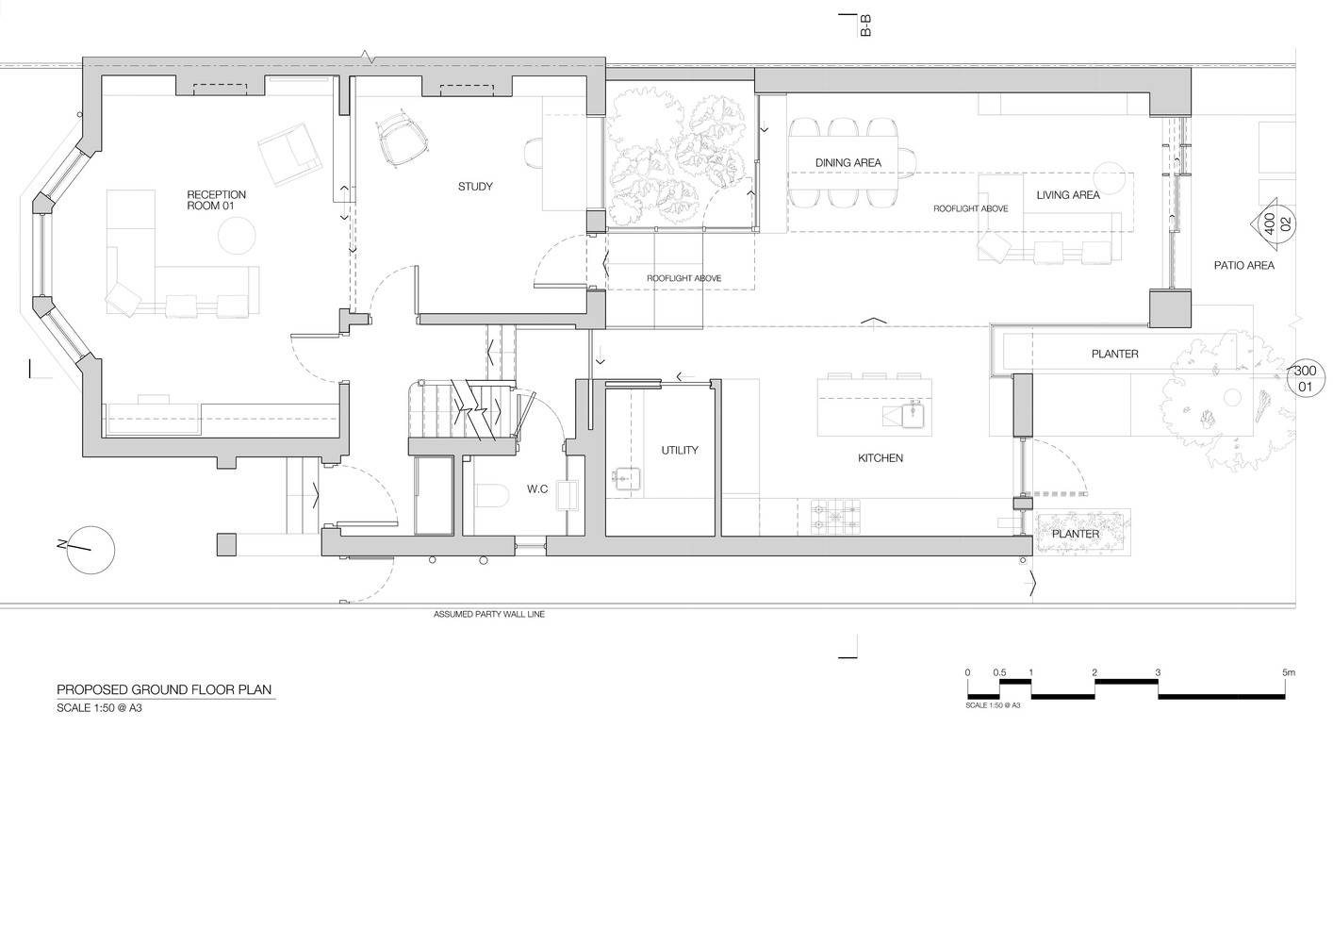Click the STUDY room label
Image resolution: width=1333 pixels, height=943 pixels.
pos(475,187)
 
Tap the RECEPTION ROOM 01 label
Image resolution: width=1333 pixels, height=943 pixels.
pos(216,200)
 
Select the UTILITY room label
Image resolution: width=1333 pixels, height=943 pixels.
pos(680,451)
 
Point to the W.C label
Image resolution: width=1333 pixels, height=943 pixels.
pos(537,489)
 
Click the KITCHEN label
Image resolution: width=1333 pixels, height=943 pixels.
pos(880,458)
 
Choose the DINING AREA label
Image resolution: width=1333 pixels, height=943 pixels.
pos(848,163)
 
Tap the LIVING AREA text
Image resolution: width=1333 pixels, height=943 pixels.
pos(1067,195)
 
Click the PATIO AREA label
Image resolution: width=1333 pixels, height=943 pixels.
pos(1243,266)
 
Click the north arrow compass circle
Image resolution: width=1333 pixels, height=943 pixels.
pos(91,550)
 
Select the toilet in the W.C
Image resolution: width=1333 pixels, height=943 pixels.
pos(493,496)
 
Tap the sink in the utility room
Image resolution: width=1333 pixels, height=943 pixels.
pos(625,479)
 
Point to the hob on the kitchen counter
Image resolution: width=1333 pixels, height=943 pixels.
pos(835,517)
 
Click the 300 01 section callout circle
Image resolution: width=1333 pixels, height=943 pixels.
pos(1305,379)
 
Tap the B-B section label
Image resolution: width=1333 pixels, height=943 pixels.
pos(865,25)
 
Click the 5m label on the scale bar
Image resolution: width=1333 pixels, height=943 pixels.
pos(1289,672)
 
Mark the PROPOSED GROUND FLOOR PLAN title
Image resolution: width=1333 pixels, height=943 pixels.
pos(164,690)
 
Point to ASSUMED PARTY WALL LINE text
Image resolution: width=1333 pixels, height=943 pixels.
pos(489,615)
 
